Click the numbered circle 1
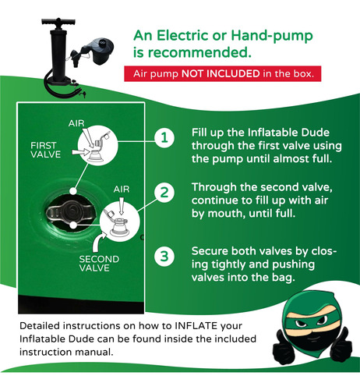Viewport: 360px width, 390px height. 164,137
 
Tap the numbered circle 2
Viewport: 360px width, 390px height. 164,193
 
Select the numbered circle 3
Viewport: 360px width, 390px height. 164,257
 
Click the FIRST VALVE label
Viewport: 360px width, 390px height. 45,150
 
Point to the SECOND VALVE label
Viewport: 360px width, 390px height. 99,264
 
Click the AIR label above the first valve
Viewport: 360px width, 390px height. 76,123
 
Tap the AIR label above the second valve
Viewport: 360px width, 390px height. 122,189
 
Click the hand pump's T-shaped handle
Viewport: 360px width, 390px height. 58,22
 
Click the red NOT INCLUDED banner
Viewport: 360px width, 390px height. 223,74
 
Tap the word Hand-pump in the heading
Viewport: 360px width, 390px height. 272,36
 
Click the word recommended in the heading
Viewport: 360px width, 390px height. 199,52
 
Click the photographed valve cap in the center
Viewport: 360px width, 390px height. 70,212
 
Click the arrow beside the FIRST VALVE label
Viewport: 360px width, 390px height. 80,152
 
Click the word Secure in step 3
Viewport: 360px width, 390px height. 210,251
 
